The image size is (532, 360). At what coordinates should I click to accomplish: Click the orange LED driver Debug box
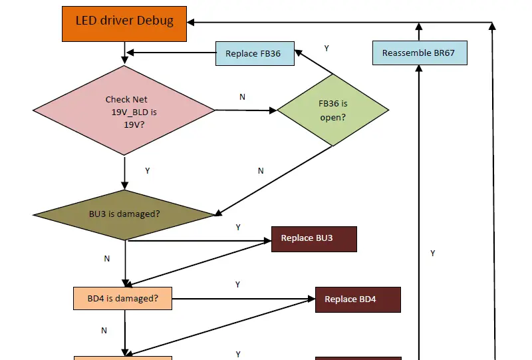[124, 23]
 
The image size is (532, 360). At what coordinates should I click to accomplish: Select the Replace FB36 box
[255, 54]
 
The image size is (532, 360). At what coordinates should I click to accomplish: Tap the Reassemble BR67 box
[419, 53]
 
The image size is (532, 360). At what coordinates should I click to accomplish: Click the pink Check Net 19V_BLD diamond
[124, 110]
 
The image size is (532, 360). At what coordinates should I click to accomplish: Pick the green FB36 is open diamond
[332, 109]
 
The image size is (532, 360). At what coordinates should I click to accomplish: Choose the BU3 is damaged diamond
[124, 214]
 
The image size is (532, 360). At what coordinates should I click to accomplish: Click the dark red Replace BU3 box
[314, 238]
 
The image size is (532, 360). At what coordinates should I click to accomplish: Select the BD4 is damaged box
[123, 298]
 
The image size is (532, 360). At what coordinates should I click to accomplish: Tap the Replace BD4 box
[358, 299]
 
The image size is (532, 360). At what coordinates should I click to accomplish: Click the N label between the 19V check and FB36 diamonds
[242, 97]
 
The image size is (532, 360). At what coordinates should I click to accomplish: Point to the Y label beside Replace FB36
[327, 49]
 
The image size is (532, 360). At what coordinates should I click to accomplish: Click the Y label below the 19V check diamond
[147, 171]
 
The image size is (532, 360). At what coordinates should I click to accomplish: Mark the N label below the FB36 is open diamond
[261, 171]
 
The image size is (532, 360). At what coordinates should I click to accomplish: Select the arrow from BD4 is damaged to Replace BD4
[243, 299]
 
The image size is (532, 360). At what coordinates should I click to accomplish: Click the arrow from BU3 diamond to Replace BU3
[199, 240]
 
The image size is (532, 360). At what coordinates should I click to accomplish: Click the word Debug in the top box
[155, 20]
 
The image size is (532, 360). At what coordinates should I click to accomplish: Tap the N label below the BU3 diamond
[107, 258]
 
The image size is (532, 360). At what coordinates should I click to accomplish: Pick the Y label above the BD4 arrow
[237, 285]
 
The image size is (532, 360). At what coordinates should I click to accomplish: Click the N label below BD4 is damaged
[104, 330]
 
